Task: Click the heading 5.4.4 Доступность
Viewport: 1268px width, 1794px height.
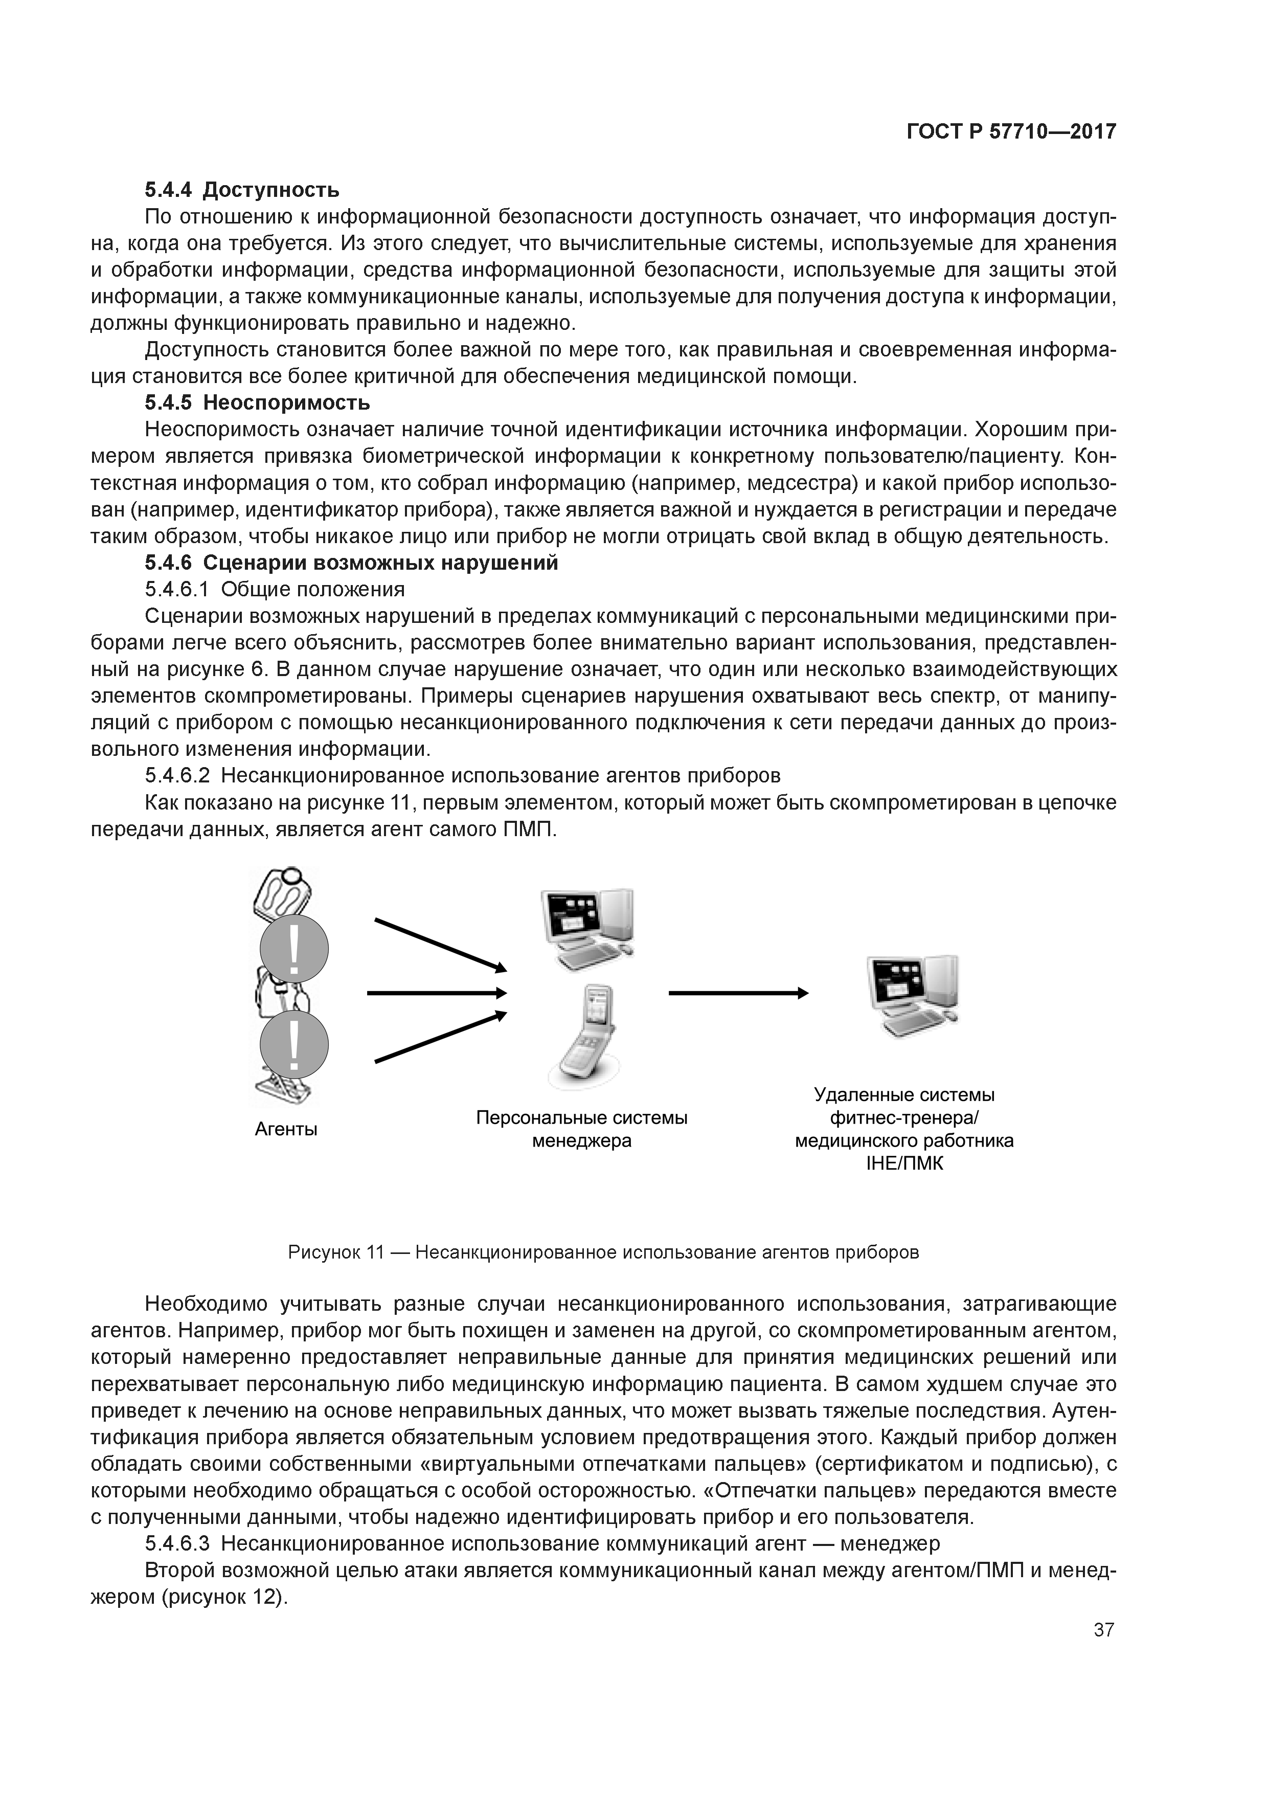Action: point(242,190)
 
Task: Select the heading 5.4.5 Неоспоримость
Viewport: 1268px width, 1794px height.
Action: point(257,403)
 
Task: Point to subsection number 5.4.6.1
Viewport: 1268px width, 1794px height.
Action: point(178,589)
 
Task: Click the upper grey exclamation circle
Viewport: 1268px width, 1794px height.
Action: point(294,949)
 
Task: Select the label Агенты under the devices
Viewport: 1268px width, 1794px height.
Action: point(286,1129)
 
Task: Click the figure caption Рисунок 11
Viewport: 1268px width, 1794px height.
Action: point(603,1252)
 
